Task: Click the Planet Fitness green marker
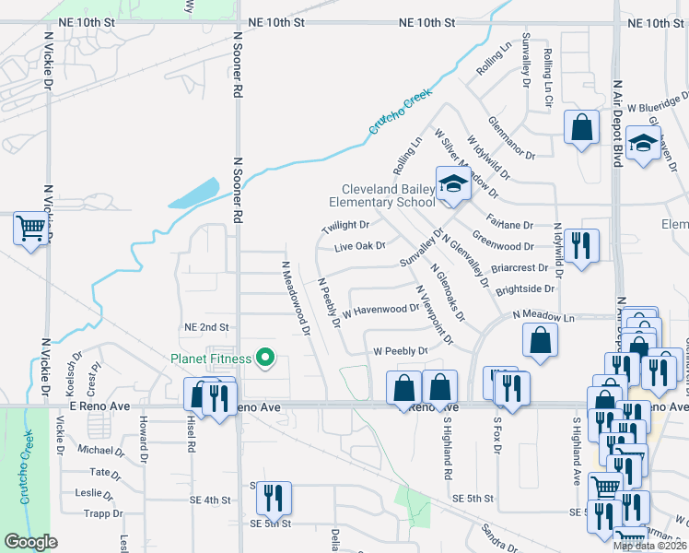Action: [266, 358]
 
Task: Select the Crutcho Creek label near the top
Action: [401, 112]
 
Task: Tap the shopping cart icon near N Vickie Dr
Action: [31, 228]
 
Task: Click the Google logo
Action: [31, 542]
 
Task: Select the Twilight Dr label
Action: [345, 226]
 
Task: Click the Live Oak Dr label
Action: [359, 246]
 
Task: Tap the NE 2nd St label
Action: [205, 327]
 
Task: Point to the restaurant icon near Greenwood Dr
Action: [581, 246]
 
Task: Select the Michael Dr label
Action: [100, 451]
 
